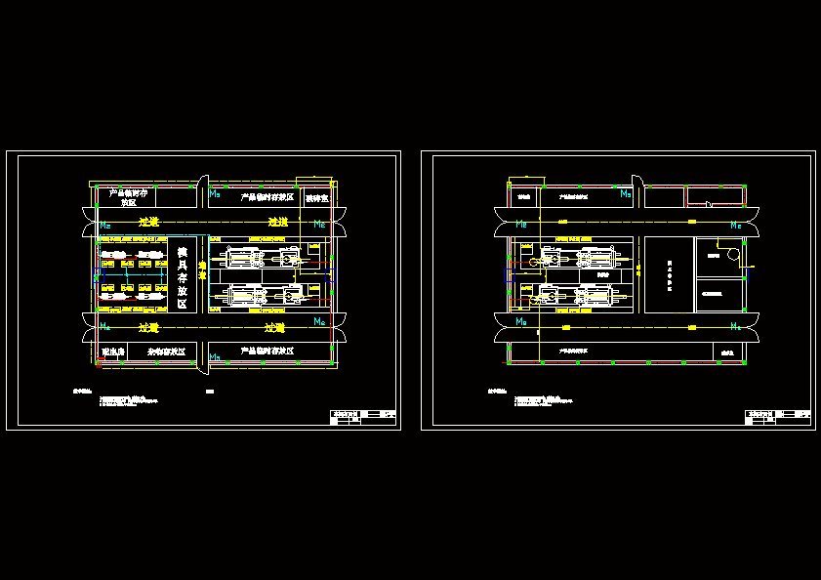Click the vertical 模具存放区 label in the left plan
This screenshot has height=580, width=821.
point(182,277)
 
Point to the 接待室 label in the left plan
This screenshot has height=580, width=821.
point(316,198)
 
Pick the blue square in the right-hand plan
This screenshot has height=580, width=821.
point(505,276)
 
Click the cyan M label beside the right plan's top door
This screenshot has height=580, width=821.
point(625,193)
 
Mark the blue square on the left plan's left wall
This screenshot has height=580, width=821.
point(96,276)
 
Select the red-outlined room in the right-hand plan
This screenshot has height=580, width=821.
point(716,195)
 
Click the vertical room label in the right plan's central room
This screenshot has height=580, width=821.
point(670,276)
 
